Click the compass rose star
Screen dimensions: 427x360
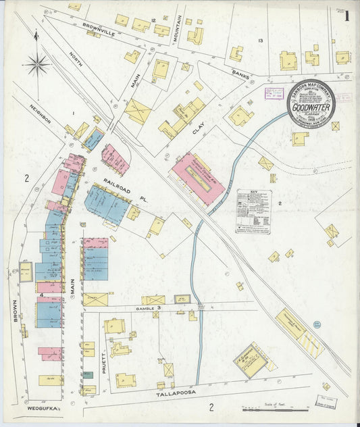[37, 65]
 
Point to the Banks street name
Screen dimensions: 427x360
[240, 76]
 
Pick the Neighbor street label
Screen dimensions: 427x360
[40, 114]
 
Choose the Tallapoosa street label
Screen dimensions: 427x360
[157, 391]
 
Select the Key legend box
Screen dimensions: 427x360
[253, 211]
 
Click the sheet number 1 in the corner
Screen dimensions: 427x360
[346, 16]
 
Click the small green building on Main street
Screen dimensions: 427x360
[88, 374]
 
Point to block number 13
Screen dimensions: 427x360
[260, 42]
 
